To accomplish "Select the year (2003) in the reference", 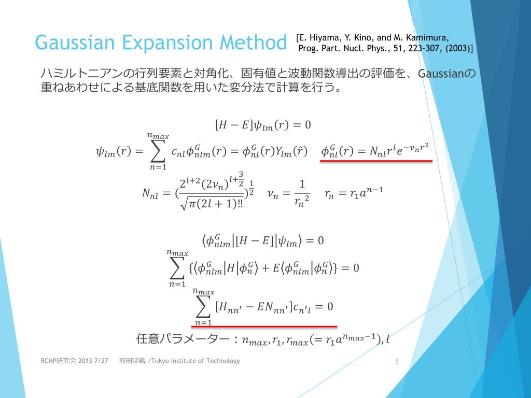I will pos(457,48).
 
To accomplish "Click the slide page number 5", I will pos(397,361).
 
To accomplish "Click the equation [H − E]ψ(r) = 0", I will pos(262,125).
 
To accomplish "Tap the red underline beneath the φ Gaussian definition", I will pos(376,161).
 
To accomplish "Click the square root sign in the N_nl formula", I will pos(184,204).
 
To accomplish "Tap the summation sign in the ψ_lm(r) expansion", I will pos(157,151).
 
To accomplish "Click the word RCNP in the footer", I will pos(49,361).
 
